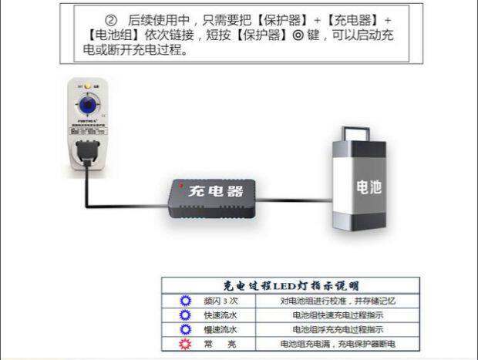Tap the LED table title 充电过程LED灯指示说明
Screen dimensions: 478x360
click(x=291, y=286)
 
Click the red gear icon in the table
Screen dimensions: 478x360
click(x=185, y=343)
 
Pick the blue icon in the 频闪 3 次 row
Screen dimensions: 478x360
click(x=185, y=301)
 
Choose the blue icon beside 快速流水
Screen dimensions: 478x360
click(x=185, y=315)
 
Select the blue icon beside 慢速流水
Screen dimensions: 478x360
click(x=185, y=329)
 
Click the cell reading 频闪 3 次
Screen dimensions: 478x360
click(x=220, y=301)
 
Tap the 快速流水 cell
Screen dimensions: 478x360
click(x=220, y=315)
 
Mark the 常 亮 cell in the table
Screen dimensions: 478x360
click(x=220, y=344)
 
